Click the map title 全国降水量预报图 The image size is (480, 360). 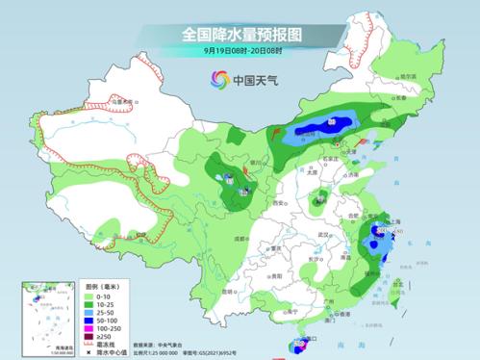coord(240,34)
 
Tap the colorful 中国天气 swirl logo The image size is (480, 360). coord(219,80)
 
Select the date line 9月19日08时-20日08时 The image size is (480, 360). coord(240,51)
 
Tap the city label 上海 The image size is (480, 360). coord(389,220)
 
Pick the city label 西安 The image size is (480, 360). coord(277,204)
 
